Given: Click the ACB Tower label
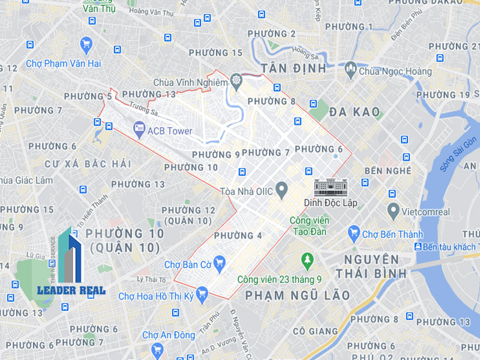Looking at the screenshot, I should (x=170, y=131).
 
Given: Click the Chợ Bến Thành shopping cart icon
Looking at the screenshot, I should (x=353, y=233).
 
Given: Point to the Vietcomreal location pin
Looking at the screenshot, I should (x=393, y=211).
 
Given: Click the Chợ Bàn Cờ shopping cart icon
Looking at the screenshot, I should (x=219, y=262).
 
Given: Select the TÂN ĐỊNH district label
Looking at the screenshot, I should (x=293, y=68).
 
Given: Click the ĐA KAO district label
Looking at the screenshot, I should (x=354, y=112).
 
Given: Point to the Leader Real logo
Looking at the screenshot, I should (x=71, y=264).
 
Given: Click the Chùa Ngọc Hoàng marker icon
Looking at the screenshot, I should (x=350, y=71).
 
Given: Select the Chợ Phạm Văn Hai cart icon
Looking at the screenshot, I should (x=86, y=44).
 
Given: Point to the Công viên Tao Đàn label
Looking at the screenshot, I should (x=309, y=226).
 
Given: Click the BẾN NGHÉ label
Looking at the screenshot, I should (x=389, y=170).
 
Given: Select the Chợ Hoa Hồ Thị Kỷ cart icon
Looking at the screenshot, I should (x=202, y=293).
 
